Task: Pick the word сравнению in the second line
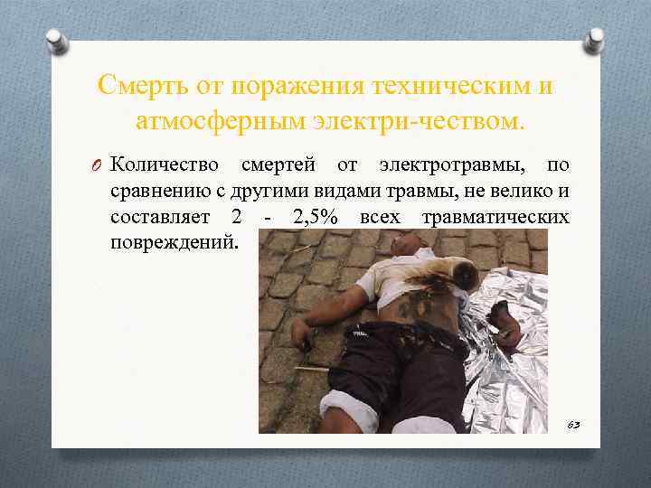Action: (x=153, y=192)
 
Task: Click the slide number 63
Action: (x=574, y=423)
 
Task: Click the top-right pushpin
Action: (x=594, y=38)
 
